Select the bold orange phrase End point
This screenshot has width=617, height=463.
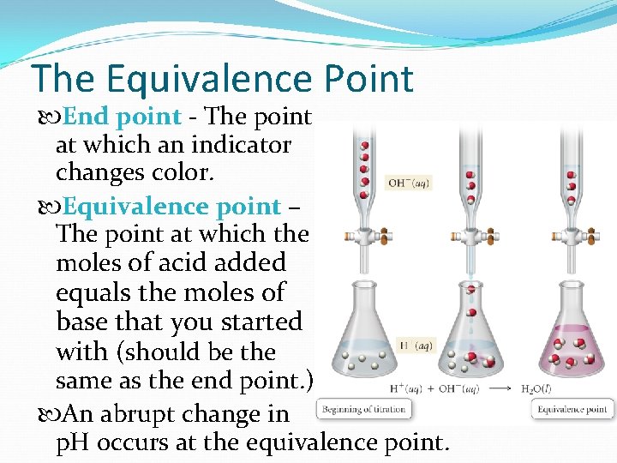pos(122,116)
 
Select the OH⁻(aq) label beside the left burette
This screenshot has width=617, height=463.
pos(409,183)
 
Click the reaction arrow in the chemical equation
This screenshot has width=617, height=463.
pos(497,388)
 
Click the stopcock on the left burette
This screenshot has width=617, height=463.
pos(363,235)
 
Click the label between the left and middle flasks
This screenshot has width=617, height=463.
pos(417,346)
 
